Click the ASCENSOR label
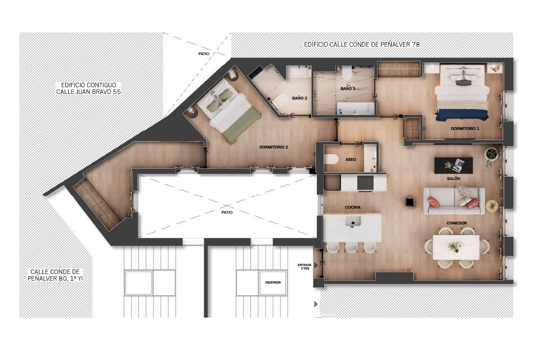tap(273, 282)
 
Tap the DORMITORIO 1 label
tap(465, 129)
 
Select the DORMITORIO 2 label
tap(274, 147)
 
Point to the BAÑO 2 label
tap(299, 98)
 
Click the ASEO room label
tap(351, 159)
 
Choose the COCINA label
tap(353, 208)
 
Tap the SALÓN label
tap(454, 179)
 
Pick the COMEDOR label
tap(457, 223)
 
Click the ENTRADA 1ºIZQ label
tap(304, 267)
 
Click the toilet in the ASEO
tap(331, 159)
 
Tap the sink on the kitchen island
tap(353, 221)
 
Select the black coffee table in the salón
tap(453, 165)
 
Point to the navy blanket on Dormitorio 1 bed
tap(462, 115)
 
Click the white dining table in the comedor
tap(456, 247)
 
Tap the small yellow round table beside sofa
tap(492, 206)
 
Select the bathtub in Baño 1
tap(355, 107)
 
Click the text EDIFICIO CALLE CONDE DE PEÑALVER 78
tap(362, 44)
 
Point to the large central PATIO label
tap(227, 213)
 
